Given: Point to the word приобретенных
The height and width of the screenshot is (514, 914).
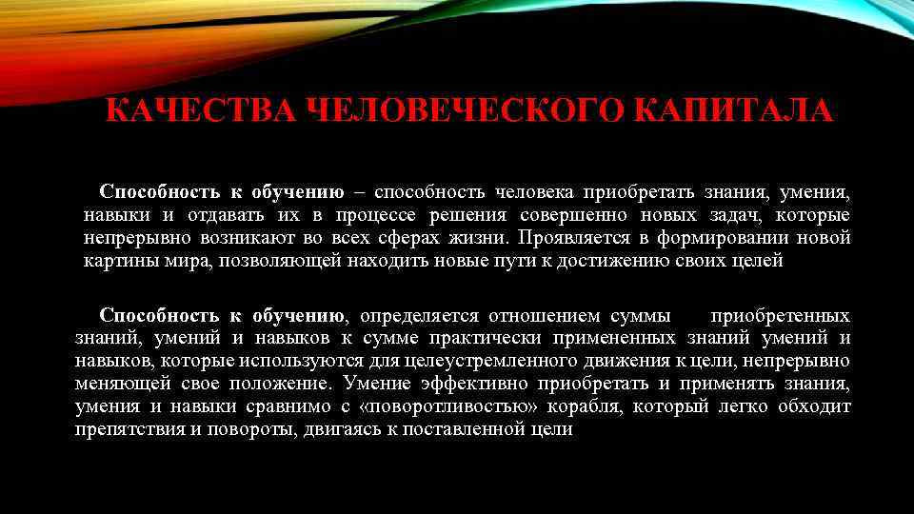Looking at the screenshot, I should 781,315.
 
